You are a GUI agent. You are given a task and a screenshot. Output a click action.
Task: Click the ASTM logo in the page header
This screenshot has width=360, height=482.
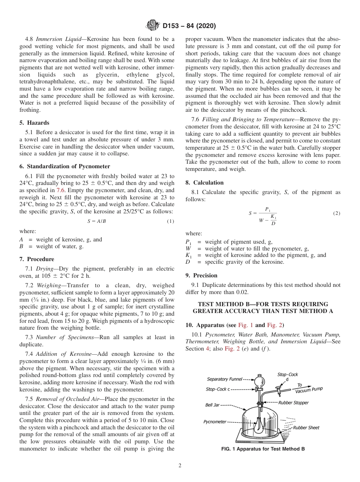click(x=153, y=26)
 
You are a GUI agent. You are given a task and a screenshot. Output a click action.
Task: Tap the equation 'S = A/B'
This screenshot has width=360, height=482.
click(x=97, y=221)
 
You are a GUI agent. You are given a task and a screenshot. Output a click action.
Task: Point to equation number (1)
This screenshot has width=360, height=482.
click(x=171, y=221)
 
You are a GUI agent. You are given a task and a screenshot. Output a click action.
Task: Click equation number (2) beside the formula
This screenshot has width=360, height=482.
click(x=337, y=213)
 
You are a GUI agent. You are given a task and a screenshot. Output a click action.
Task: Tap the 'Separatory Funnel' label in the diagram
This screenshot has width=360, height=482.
click(x=223, y=379)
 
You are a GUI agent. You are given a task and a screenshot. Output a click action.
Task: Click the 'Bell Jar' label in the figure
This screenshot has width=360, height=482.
click(x=212, y=405)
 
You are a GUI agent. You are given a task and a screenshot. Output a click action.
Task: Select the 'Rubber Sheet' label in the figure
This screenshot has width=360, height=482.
click(x=306, y=427)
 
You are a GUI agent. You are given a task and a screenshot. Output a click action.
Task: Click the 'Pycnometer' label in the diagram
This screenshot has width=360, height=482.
click(x=214, y=421)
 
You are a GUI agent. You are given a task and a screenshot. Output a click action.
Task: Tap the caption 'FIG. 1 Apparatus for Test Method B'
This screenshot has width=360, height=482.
click(x=263, y=449)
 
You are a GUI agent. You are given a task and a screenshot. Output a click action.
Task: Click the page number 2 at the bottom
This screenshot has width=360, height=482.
click(x=180, y=466)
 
